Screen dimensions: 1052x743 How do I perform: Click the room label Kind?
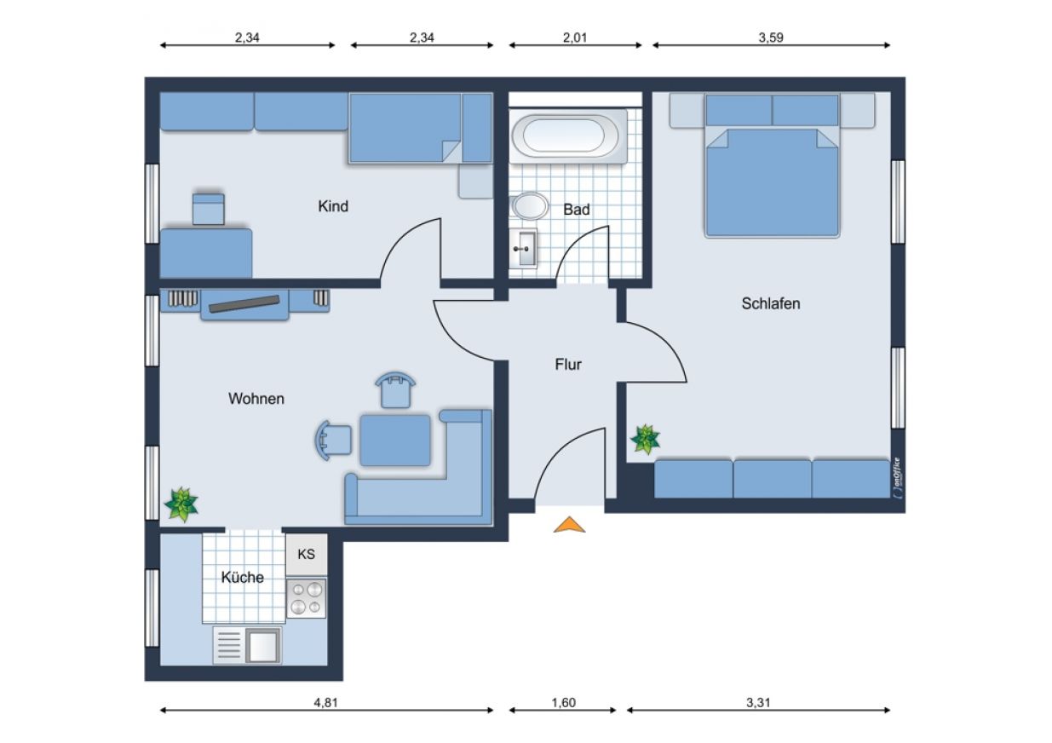coord(333,206)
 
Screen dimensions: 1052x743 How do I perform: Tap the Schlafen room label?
coord(771,303)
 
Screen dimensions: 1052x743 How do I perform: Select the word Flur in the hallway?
coord(568,364)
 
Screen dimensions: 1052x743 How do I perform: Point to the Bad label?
coord(576,209)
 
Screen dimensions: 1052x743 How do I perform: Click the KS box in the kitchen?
coord(306,554)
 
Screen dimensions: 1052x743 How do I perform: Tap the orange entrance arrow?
coord(569,525)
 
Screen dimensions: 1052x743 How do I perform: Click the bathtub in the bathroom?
coord(568,136)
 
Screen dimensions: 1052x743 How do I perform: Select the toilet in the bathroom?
coord(530,205)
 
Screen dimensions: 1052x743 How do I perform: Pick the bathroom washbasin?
coord(523,249)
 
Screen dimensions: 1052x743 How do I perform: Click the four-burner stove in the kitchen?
coord(306,598)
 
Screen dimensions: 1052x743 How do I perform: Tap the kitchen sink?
coord(248,645)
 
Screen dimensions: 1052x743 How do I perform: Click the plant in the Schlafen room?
coord(646,439)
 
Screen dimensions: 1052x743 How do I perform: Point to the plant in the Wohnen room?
coord(181,504)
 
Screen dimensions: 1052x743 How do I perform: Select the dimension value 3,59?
coord(771,37)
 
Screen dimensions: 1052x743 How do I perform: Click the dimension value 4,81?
coord(325,703)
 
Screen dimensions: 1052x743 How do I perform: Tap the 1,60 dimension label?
coord(563,703)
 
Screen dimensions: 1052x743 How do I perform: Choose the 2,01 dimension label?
coord(575,37)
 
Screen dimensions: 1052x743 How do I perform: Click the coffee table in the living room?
coord(395,440)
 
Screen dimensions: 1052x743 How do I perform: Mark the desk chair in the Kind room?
coord(209,209)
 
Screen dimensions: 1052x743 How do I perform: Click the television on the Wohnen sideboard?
coord(244,303)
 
